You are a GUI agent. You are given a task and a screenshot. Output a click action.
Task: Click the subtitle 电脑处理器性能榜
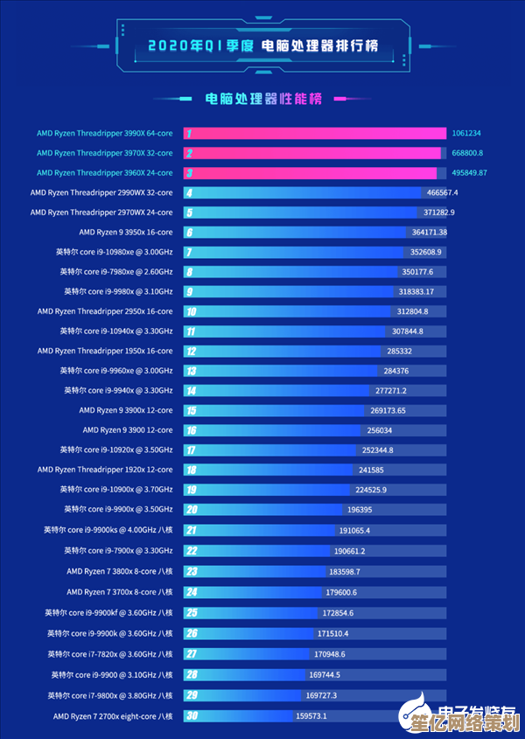(x=263, y=99)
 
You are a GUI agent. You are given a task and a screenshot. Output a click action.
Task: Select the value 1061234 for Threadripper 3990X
(x=466, y=133)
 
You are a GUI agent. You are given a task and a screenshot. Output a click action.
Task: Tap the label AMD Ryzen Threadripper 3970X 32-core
(x=104, y=153)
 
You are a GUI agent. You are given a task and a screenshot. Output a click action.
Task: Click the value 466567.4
(x=442, y=192)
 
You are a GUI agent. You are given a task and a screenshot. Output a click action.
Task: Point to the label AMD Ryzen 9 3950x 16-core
(x=125, y=232)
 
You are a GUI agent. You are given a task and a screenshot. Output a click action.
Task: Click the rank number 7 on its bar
(x=188, y=252)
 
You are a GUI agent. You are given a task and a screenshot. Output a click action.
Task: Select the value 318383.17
(x=416, y=291)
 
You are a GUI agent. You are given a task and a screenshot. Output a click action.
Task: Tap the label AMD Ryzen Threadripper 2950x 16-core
(x=105, y=311)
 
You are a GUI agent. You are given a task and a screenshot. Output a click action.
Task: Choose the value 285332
(x=399, y=351)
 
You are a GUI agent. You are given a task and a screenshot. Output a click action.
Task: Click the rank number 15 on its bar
(x=191, y=410)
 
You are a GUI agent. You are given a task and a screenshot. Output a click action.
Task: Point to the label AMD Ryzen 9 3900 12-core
(x=128, y=430)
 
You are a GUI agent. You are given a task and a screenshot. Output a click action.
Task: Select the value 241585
(x=371, y=470)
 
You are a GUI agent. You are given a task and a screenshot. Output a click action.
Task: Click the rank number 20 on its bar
(x=191, y=509)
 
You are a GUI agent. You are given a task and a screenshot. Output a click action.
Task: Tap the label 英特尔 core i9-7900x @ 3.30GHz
(x=118, y=551)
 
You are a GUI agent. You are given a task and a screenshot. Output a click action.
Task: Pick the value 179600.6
(x=341, y=591)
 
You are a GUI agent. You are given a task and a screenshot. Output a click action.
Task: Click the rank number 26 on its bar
(x=191, y=633)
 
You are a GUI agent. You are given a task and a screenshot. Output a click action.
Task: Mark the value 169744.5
(x=325, y=674)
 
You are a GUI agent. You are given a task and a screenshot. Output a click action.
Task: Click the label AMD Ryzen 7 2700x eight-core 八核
(x=113, y=716)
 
